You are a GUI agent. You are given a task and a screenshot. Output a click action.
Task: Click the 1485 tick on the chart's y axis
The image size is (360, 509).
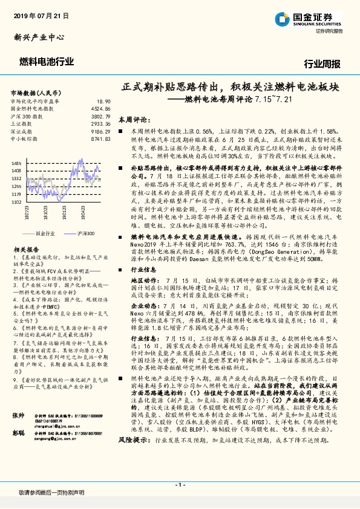(x=16, y=163)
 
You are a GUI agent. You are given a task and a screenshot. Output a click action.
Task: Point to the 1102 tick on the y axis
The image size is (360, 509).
(x=16, y=202)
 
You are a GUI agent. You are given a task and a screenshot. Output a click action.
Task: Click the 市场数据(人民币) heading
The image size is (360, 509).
(x=36, y=92)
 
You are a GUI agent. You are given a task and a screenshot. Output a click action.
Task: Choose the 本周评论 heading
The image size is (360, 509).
(x=133, y=120)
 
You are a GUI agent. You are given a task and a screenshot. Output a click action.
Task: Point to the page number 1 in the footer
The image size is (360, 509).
(x=180, y=485)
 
